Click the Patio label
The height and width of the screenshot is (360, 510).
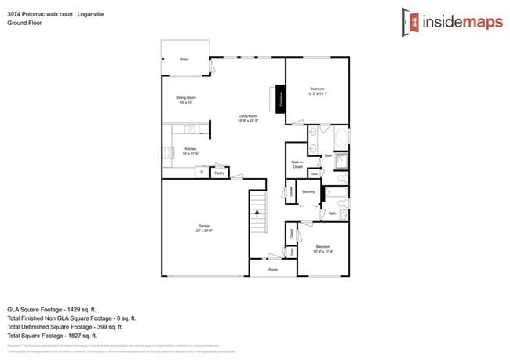point(184,60)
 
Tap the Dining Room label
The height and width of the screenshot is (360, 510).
point(186,100)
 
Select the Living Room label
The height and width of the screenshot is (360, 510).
point(248,118)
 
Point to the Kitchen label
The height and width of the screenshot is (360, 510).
point(190,150)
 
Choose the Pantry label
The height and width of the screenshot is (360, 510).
point(219,173)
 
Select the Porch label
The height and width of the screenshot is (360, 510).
point(273,269)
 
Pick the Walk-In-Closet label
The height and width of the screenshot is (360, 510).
point(297,164)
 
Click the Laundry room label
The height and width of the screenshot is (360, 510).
point(308,191)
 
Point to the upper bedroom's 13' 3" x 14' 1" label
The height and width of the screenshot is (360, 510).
point(317,93)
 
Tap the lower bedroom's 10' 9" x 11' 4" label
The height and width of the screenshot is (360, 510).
point(323,252)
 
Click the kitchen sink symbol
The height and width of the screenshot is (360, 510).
point(189,129)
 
